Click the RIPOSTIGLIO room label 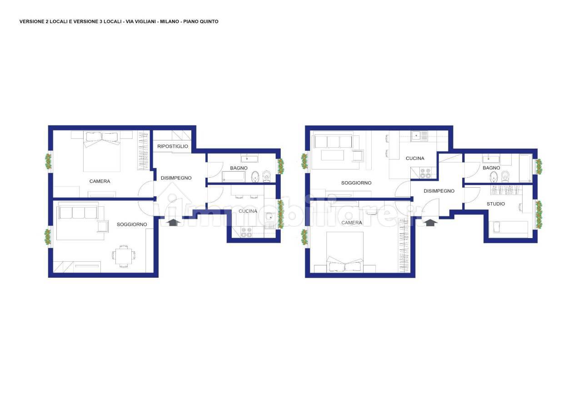(x=173, y=146)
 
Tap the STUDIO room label (x=496, y=204)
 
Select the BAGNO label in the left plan (x=239, y=168)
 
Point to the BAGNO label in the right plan (x=491, y=168)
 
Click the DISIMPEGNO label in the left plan (x=176, y=178)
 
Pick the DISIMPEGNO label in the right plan (x=439, y=191)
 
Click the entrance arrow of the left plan (x=173, y=222)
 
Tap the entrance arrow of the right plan (x=430, y=222)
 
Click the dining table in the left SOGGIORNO (x=123, y=256)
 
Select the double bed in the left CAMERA (x=102, y=151)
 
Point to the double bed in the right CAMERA (x=345, y=252)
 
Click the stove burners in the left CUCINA (x=246, y=232)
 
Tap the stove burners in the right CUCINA (x=425, y=174)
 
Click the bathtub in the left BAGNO (x=234, y=177)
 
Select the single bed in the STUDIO (x=508, y=229)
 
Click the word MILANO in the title (x=169, y=22)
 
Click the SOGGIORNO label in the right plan (x=356, y=183)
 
